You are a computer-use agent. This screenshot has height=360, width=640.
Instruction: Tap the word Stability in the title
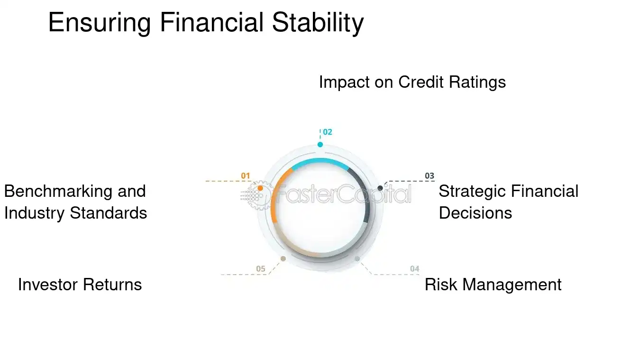[x=318, y=23]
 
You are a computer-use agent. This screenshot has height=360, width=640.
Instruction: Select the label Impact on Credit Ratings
[x=412, y=82]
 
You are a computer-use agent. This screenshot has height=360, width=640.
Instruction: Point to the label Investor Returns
[x=80, y=285]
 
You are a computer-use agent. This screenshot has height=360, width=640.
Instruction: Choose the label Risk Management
[x=493, y=285]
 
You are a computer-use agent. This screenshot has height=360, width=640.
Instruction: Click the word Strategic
[x=469, y=191]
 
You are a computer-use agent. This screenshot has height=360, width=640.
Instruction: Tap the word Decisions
[x=475, y=213]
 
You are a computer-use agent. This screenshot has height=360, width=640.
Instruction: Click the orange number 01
[x=245, y=176]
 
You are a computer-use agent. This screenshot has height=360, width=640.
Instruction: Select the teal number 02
[x=328, y=132]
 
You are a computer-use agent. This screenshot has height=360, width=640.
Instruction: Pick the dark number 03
[x=429, y=176]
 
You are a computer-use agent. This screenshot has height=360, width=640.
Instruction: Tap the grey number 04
[x=415, y=269]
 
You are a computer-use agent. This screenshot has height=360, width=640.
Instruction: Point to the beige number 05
[x=261, y=269]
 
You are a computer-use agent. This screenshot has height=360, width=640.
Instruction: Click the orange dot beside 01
[x=260, y=188]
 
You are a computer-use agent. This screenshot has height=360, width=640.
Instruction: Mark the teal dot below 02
[x=320, y=145]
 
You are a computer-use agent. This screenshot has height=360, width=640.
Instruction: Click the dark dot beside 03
[x=380, y=188]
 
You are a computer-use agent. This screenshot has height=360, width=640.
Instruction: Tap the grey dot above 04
[x=357, y=258]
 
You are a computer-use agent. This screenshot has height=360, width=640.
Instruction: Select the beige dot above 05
[x=283, y=258]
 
